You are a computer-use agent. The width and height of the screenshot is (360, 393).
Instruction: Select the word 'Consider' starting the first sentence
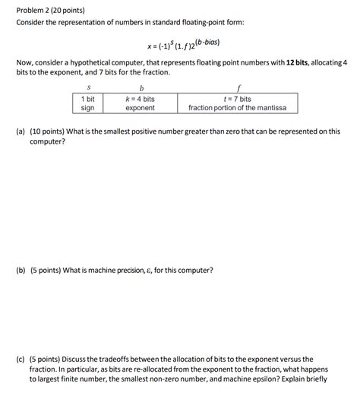[33, 24]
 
